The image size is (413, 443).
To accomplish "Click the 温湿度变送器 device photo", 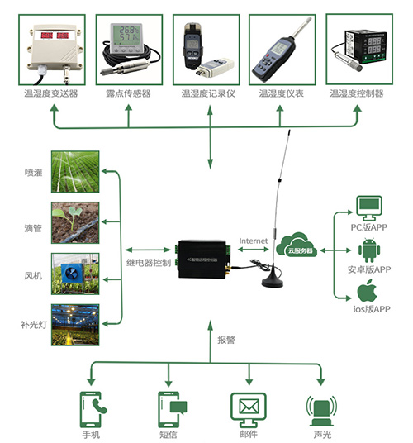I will [50, 49].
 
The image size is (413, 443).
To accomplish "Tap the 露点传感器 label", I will [129, 93].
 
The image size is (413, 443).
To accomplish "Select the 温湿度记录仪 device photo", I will [206, 49].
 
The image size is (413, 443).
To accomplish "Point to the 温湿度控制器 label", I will [357, 93].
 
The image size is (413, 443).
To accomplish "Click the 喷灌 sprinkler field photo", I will [75, 171].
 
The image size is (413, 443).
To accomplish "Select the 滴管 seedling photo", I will [75, 222].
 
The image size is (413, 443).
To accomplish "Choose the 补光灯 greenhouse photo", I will [75, 325].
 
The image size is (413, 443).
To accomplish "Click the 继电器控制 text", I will [149, 264].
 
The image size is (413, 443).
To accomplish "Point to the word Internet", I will [254, 241].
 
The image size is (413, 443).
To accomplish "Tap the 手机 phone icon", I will [92, 407].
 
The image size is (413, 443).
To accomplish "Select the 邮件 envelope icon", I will [249, 407].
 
